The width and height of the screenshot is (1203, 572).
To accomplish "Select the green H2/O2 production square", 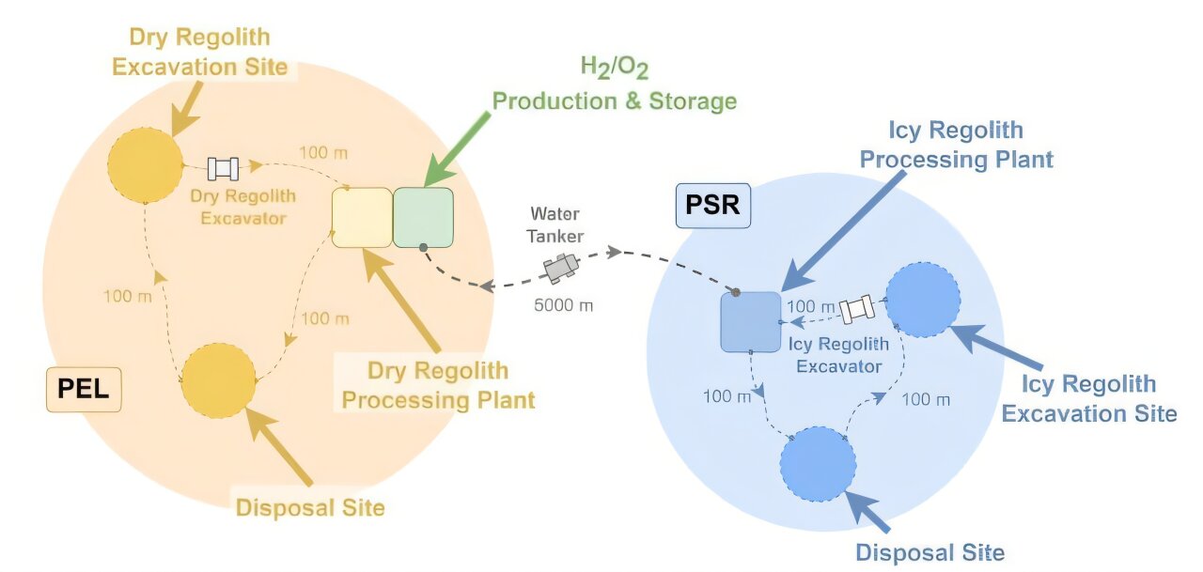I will coord(423,217).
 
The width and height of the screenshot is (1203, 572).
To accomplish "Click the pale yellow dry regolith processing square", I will coord(362,217).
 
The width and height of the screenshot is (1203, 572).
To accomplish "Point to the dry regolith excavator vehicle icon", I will coord(224,168).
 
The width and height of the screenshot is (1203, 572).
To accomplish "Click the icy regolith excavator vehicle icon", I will coord(857,308).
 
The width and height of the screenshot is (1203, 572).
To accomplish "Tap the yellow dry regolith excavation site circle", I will coord(145,163).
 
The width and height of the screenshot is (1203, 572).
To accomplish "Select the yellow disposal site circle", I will coord(218,379).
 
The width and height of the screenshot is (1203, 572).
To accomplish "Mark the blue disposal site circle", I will coord(818,463).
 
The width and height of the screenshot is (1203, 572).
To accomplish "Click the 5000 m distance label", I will coord(564,305).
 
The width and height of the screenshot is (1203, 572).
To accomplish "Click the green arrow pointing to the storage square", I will coord(458,150).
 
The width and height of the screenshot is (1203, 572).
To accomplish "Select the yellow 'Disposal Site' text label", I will coord(310,508).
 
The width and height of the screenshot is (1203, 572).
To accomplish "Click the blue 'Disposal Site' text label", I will coord(930,552).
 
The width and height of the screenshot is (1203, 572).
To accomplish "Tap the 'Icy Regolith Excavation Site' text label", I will coord(1089,398).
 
